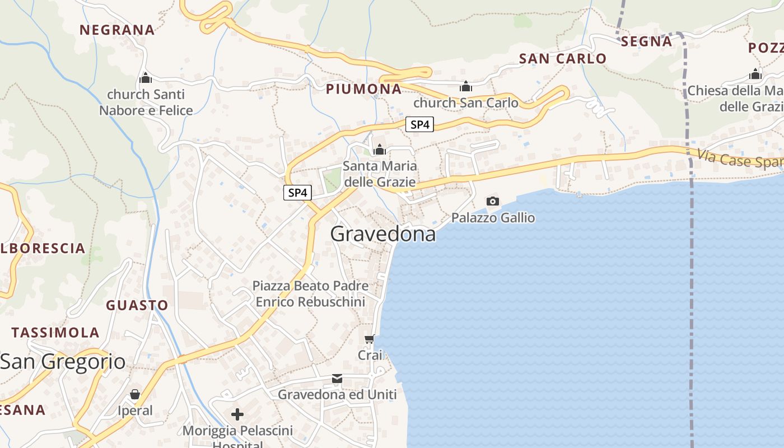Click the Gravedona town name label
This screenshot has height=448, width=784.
coord(383,234)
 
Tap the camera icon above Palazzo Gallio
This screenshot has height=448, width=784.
coord(493,202)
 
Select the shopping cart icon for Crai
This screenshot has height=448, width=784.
coord(370,339)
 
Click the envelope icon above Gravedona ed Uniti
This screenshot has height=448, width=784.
coord(337,379)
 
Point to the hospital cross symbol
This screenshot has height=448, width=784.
coord(237,414)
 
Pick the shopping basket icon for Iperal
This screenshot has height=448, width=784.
coord(135,395)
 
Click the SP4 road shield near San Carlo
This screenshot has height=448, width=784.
coord(419,124)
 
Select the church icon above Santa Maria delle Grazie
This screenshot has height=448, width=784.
coord(380,150)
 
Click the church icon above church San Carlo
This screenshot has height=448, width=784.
coord(466,87)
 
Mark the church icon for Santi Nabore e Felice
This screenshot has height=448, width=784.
coord(146,78)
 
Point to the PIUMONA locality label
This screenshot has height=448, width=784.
coord(364,89)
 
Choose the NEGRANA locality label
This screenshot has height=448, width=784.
coord(117,30)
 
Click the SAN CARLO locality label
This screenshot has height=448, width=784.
coord(563,58)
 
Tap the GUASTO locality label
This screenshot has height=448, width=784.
coord(137,305)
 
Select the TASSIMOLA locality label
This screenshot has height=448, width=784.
coord(55,333)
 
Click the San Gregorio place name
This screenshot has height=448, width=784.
coord(63,362)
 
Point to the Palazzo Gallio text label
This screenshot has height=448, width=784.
coord(493,218)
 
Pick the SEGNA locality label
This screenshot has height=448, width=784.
coord(646,41)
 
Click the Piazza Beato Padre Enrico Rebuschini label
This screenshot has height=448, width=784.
coord(310,294)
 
